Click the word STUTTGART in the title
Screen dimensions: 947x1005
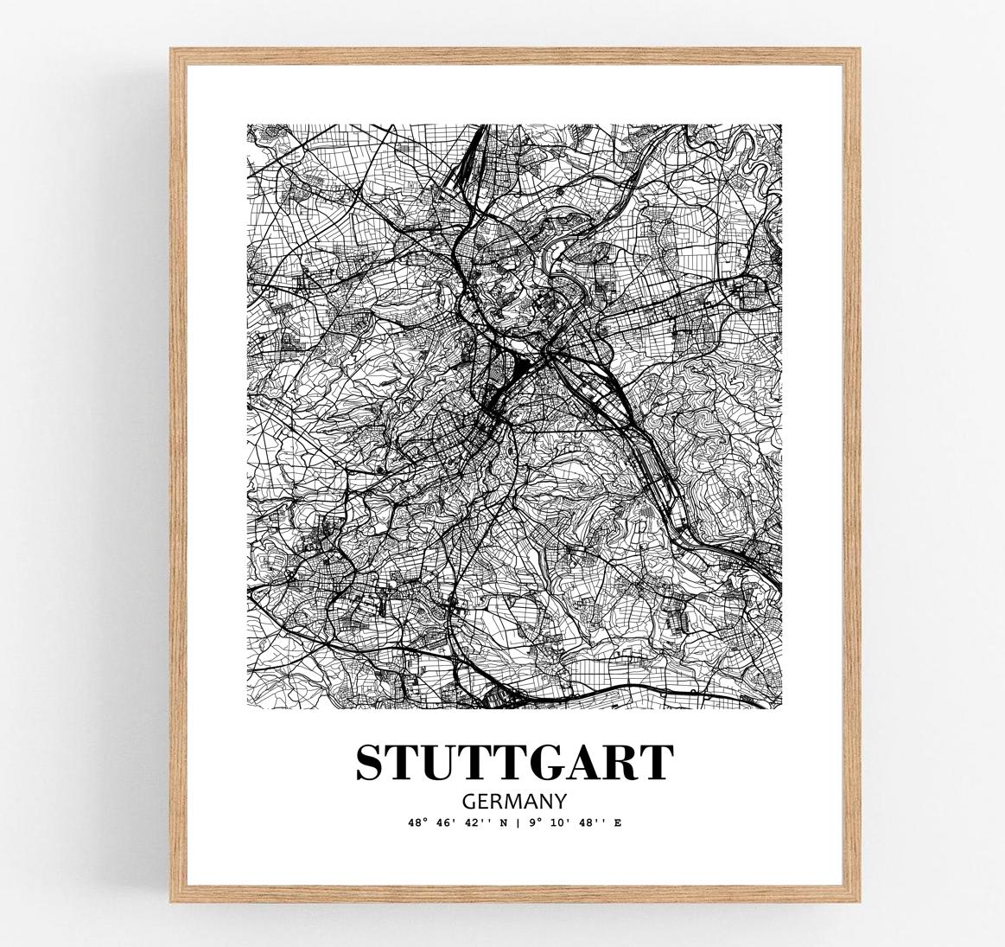pos(514,762)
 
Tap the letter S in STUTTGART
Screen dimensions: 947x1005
pos(370,762)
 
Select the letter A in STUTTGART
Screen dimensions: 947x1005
pos(589,762)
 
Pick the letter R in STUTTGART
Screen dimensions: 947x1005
pos(624,762)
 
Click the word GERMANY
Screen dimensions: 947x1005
pos(514,801)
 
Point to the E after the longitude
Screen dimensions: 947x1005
pos(617,823)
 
